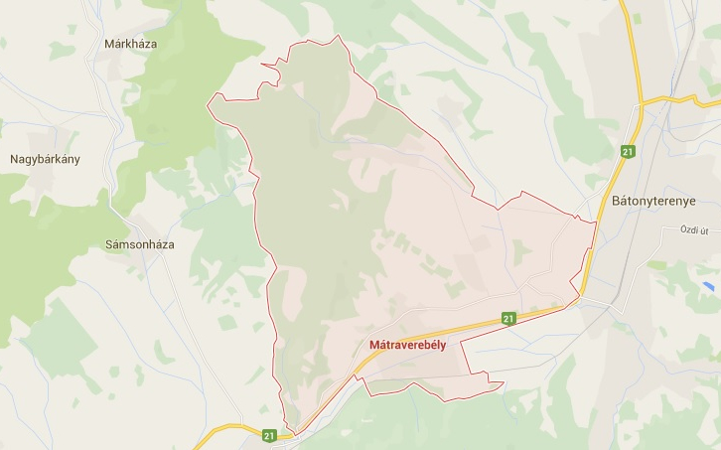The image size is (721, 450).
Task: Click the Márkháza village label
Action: (x=130, y=44)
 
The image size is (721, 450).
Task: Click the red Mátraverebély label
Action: (x=407, y=345)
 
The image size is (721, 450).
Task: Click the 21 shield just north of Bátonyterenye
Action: (x=628, y=151)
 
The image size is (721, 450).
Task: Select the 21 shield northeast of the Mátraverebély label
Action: (x=508, y=319)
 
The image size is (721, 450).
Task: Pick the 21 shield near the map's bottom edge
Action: (x=269, y=435)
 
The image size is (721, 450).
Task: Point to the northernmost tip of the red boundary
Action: (x=339, y=36)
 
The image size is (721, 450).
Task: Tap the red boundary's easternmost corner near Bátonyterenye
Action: (x=596, y=223)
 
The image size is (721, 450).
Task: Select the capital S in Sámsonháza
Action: (x=109, y=243)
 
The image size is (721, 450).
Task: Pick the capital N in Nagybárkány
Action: (x=14, y=159)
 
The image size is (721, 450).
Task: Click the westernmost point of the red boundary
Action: (x=208, y=101)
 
